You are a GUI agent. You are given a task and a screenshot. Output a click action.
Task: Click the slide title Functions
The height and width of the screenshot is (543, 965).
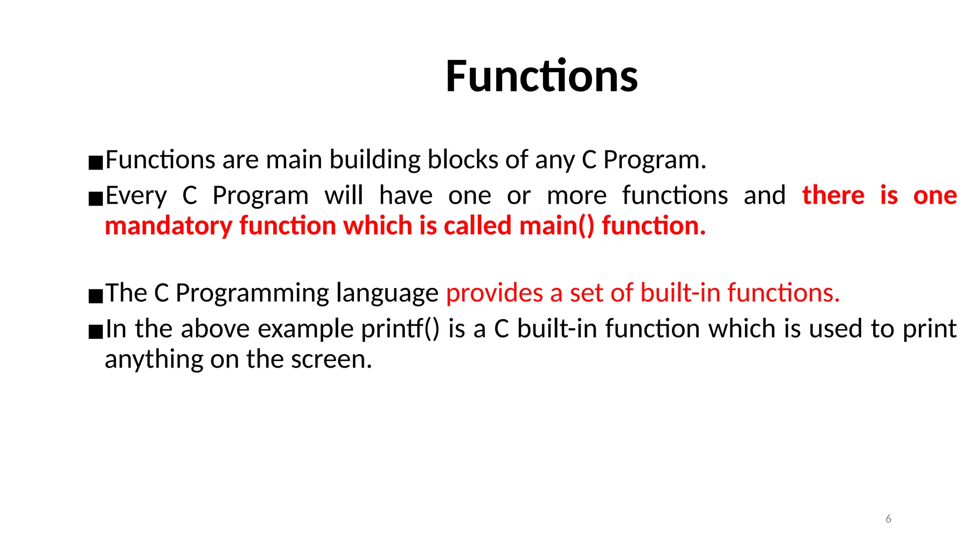(541, 76)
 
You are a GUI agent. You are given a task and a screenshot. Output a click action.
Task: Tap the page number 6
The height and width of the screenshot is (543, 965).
(888, 519)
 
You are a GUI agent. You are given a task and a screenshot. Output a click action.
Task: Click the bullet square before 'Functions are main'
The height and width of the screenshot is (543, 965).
(96, 163)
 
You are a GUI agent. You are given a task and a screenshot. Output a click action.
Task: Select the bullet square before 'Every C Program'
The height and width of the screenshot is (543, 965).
(96, 199)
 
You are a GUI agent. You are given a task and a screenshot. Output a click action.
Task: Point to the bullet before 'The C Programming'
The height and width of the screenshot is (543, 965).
(96, 296)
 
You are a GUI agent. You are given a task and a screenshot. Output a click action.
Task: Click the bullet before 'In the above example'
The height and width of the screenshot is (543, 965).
(96, 332)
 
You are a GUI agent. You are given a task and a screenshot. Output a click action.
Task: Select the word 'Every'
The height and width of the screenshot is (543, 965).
(136, 196)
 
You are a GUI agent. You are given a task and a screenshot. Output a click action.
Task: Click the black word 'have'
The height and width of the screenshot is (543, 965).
(406, 196)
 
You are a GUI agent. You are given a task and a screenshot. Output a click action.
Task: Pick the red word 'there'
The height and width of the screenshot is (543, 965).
(833, 196)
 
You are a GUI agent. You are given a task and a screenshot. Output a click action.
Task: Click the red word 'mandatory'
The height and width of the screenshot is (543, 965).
(168, 226)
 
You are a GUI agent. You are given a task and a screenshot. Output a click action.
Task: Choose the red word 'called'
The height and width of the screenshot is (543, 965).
(477, 226)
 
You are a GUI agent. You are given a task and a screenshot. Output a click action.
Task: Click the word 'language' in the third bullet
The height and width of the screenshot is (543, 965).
(387, 294)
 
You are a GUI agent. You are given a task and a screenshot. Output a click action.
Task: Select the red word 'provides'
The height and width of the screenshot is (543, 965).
(494, 294)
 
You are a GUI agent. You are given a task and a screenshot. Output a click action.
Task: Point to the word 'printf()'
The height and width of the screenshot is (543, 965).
(400, 329)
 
